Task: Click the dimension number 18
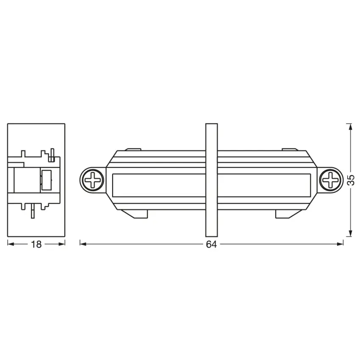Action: (x=36, y=244)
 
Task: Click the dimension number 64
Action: (x=211, y=244)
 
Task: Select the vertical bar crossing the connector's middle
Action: (x=211, y=180)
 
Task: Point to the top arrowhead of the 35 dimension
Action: (x=349, y=126)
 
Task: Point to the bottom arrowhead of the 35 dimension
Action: (x=349, y=233)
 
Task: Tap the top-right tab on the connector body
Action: (x=290, y=149)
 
